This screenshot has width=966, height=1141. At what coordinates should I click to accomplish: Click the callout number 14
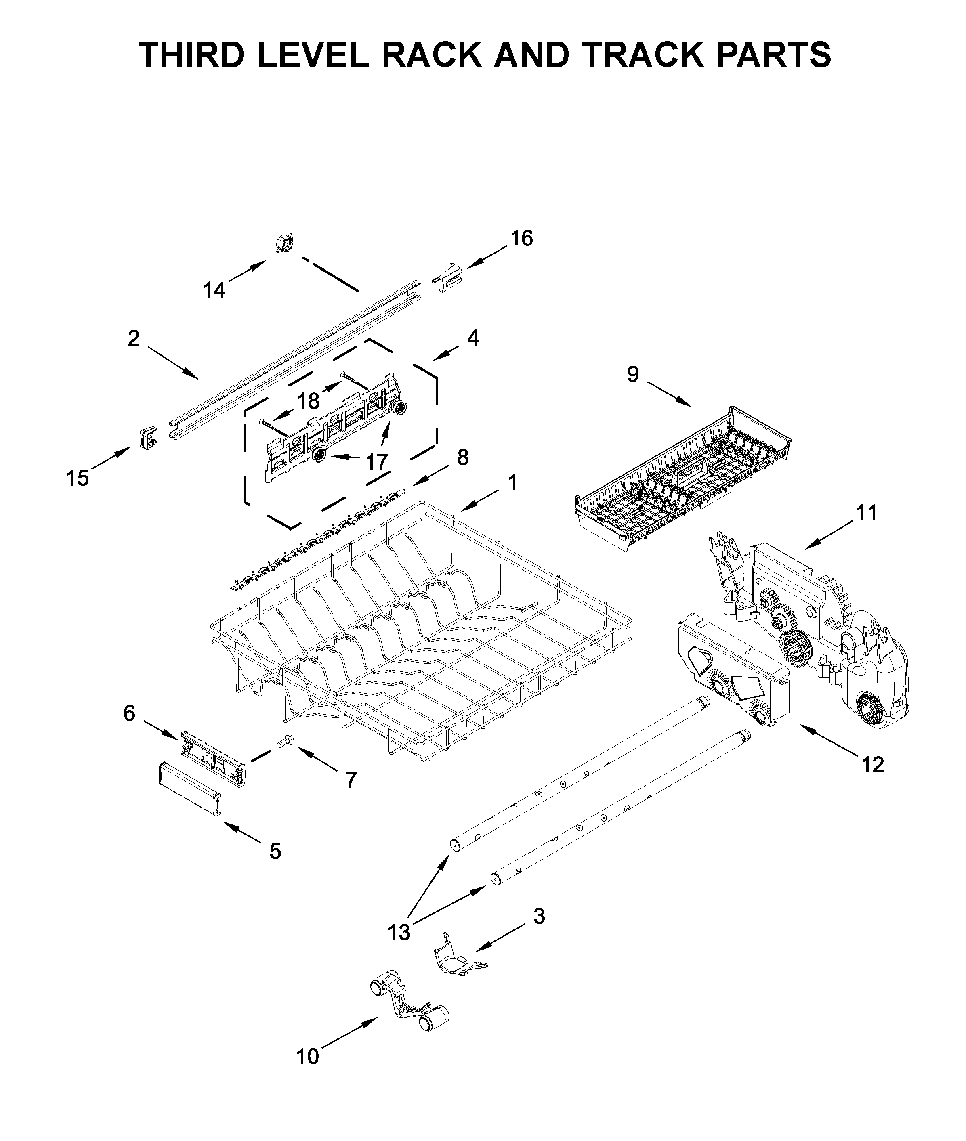point(215,290)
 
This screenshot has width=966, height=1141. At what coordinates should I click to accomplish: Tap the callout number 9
point(633,375)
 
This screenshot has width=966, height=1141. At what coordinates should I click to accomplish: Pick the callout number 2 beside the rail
point(134,338)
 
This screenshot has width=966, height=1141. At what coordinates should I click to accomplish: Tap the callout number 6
point(129,713)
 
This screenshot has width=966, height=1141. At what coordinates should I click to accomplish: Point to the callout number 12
point(873,764)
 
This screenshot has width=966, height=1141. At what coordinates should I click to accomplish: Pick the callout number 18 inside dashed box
point(308,401)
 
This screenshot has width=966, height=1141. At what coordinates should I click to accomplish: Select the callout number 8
point(463,457)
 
